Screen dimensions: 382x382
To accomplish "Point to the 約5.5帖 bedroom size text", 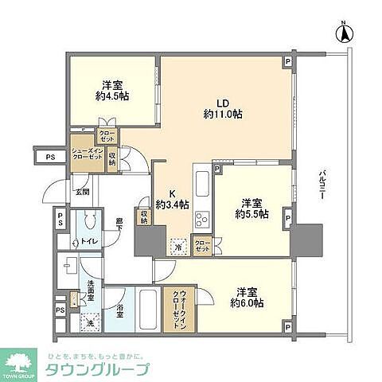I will (x=251, y=214).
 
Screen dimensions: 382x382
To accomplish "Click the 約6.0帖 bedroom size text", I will (x=247, y=302).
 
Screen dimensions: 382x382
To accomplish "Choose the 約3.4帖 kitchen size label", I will (x=172, y=205).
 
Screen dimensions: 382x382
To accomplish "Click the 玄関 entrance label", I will (x=82, y=192).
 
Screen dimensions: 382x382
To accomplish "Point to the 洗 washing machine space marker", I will (x=90, y=322).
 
